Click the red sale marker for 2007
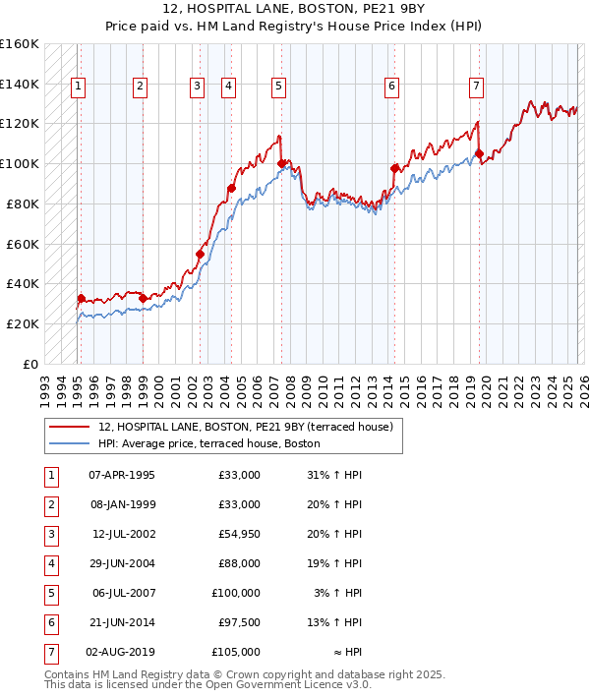[282, 163]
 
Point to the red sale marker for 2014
[394, 168]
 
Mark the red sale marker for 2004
[232, 188]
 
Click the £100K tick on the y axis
[20, 163]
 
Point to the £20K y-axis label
[23, 323]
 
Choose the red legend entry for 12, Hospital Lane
[245, 427]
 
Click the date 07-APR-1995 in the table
[121, 475]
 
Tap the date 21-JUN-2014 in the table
[121, 622]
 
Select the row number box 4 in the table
[49, 563]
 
